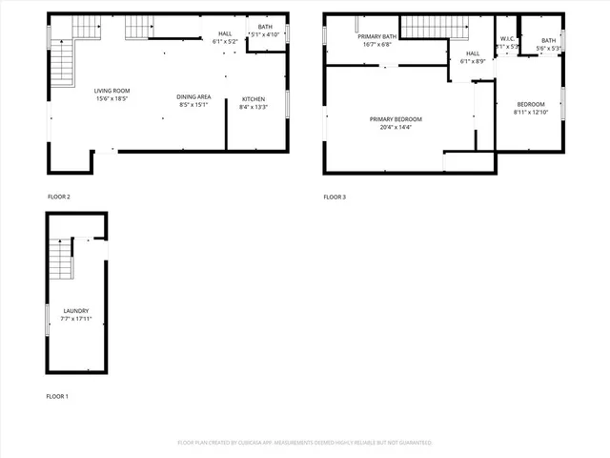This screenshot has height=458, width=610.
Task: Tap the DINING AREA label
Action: pyautogui.click(x=193, y=96)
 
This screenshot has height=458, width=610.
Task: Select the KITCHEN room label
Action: pyautogui.click(x=254, y=99)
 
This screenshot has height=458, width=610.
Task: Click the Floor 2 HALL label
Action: pyautogui.click(x=225, y=33)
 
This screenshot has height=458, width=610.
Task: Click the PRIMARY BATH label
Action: pyautogui.click(x=377, y=36)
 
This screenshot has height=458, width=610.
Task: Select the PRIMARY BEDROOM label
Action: pyautogui.click(x=396, y=118)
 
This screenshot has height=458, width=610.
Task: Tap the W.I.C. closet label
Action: pyautogui.click(x=507, y=38)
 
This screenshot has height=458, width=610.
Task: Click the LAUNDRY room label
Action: pyautogui.click(x=76, y=311)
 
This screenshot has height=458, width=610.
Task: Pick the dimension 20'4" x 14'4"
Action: pyautogui.click(x=396, y=126)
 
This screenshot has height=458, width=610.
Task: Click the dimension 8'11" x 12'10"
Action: pyautogui.click(x=531, y=112)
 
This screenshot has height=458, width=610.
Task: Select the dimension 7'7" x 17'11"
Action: pyautogui.click(x=76, y=319)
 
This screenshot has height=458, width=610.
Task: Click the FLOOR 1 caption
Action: pyautogui.click(x=58, y=396)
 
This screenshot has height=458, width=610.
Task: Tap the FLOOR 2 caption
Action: pyautogui.click(x=59, y=197)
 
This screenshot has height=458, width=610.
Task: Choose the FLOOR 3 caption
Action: pyautogui.click(x=335, y=197)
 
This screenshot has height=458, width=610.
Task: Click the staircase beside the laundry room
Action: pyautogui.click(x=61, y=260)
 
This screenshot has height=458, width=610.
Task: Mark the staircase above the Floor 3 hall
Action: pyautogui.click(x=423, y=28)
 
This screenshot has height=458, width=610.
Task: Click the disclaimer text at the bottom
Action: pyautogui.click(x=305, y=443)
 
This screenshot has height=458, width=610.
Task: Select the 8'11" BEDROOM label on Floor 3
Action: pyautogui.click(x=531, y=104)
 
